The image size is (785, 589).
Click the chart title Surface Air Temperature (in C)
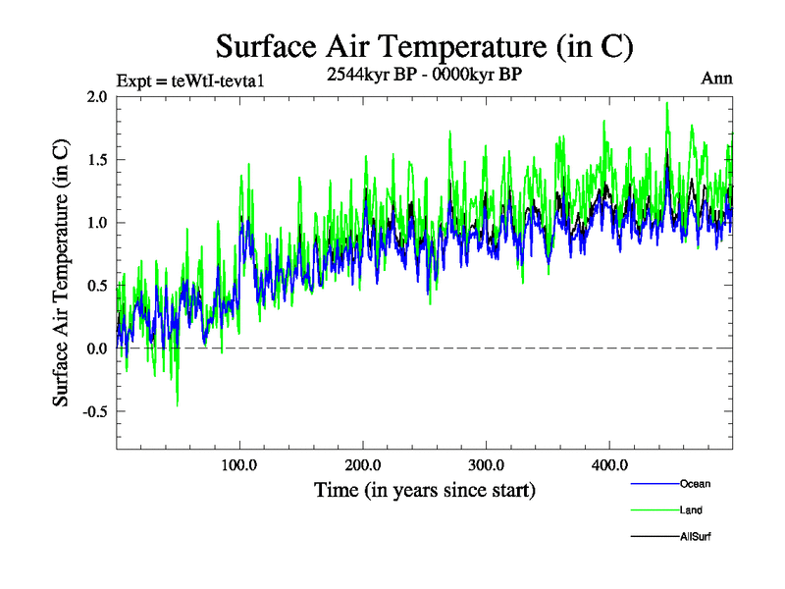[x=424, y=46]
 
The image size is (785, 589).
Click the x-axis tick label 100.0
[x=239, y=464]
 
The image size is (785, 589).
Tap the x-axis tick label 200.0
[x=363, y=464]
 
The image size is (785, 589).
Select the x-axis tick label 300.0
[x=487, y=464]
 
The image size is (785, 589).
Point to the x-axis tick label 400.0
[x=610, y=464]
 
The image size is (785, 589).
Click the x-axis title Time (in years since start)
[x=425, y=489]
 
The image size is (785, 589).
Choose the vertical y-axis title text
[x=61, y=273]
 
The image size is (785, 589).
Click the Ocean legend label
[x=695, y=484]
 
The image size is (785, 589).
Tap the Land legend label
[x=691, y=510]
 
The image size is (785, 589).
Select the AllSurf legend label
[x=695, y=537]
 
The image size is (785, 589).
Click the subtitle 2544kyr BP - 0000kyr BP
[x=424, y=73]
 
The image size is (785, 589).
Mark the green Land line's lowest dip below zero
[x=178, y=405]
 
